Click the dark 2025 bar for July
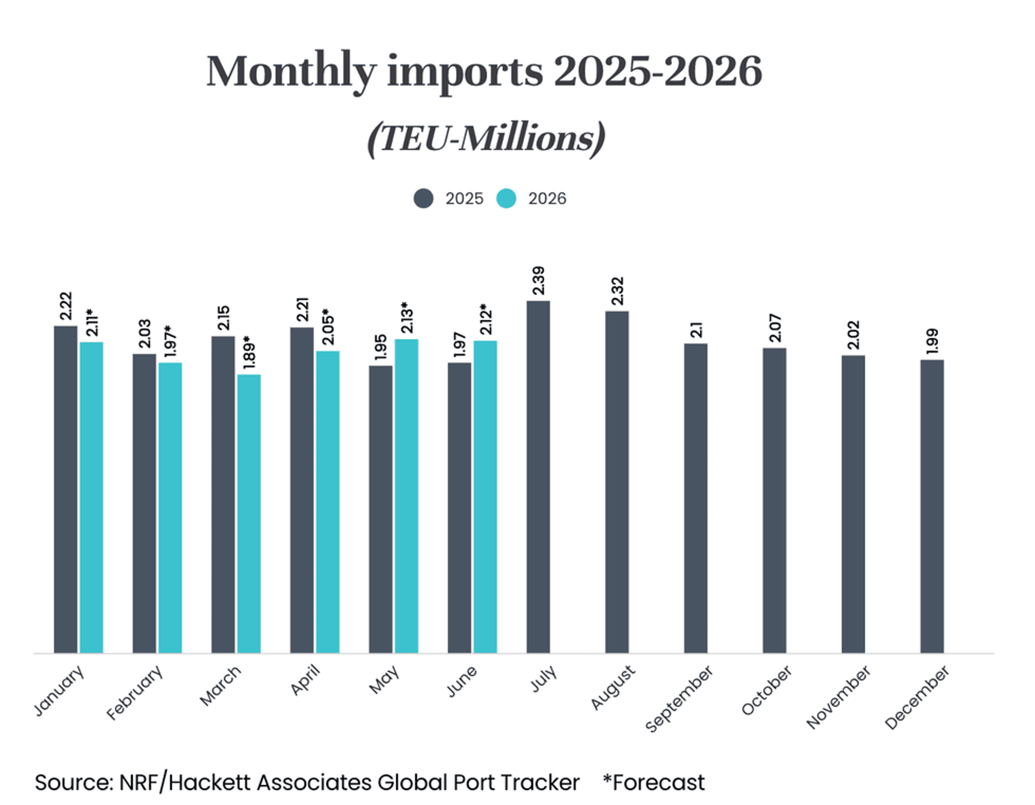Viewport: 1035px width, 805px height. (x=538, y=477)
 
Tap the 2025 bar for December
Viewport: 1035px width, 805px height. (x=932, y=506)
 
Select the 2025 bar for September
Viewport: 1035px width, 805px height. (x=696, y=498)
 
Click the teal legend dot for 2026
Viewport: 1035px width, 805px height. (x=506, y=198)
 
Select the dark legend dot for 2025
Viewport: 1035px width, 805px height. (x=423, y=198)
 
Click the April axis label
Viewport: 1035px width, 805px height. (x=305, y=680)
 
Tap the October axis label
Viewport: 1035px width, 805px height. (x=766, y=690)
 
